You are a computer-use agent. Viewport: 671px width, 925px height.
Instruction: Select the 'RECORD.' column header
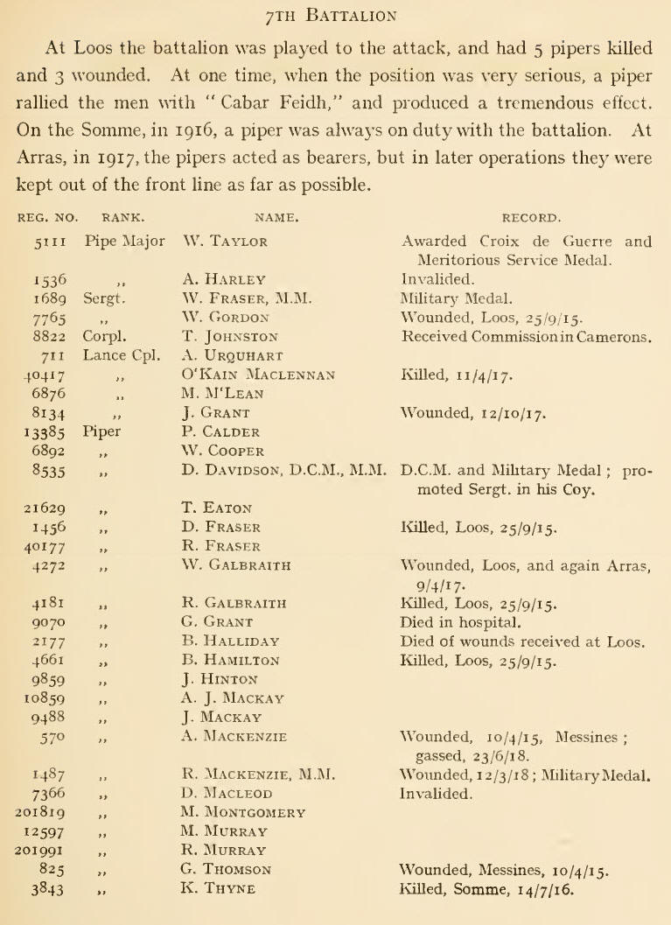pos(526,211)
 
